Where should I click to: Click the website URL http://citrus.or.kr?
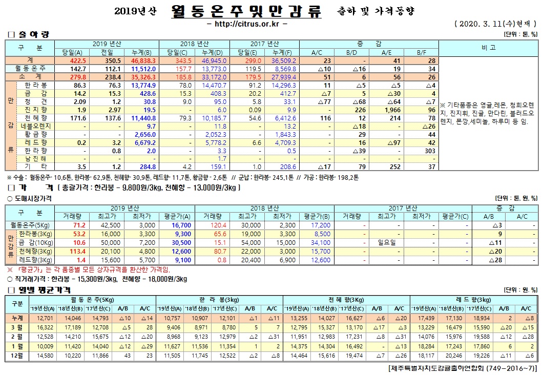[248, 24]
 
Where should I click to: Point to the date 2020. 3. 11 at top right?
[481, 24]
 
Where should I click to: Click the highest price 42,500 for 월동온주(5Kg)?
[111, 225]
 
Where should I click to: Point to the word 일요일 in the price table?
[387, 242]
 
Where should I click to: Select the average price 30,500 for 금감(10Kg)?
[167, 242]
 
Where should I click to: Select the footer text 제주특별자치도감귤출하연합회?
[436, 369]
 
